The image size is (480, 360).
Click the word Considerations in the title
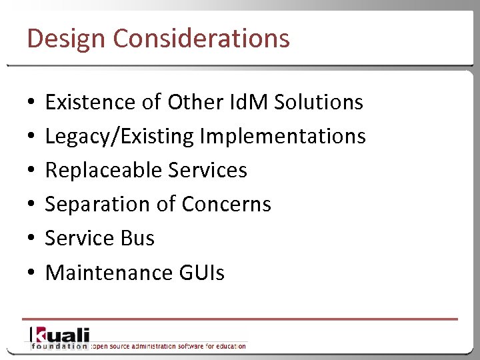tap(201, 38)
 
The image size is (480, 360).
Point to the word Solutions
tap(319, 102)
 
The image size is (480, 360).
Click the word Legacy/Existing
tap(119, 136)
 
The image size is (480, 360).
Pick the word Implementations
tap(283, 136)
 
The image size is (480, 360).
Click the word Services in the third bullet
tap(208, 170)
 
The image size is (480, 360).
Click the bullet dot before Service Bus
tap(31, 239)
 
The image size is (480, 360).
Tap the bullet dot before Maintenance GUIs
tap(31, 273)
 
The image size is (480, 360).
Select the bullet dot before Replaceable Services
tap(31, 171)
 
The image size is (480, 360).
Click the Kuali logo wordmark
tap(59, 335)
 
